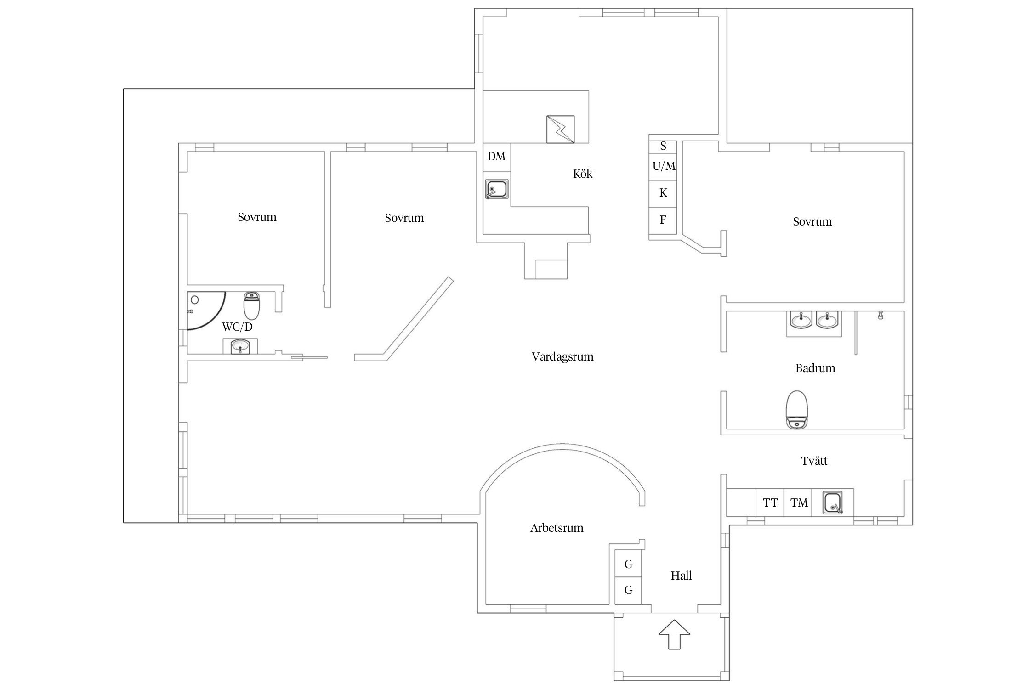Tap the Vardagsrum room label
click(x=562, y=356)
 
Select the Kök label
click(x=583, y=174)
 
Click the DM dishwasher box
click(x=497, y=157)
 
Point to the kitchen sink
click(x=497, y=189)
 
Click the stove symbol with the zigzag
click(x=560, y=129)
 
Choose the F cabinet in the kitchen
click(x=663, y=220)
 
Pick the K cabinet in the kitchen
click(x=663, y=193)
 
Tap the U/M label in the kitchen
click(x=664, y=166)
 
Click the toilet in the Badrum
click(x=797, y=410)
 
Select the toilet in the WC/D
click(x=251, y=305)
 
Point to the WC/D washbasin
click(x=240, y=346)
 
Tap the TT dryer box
click(x=770, y=503)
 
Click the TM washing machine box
click(x=799, y=503)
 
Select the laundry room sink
click(x=833, y=502)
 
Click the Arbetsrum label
click(x=557, y=528)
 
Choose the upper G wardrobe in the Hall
click(x=628, y=564)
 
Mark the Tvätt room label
click(x=814, y=461)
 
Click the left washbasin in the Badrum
click(x=801, y=320)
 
